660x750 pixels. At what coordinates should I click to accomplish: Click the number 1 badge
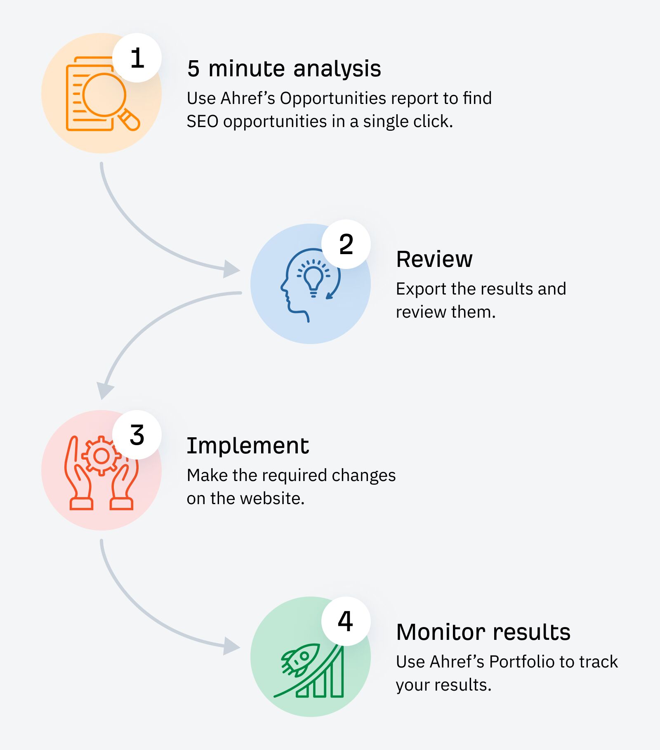[x=137, y=58]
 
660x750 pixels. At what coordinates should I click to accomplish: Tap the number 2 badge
[x=346, y=244]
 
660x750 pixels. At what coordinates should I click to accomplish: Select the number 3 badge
[x=137, y=435]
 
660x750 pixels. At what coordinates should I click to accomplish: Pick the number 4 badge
[x=346, y=621]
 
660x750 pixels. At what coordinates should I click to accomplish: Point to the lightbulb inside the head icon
[x=313, y=278]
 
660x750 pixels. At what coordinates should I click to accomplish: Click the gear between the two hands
[x=101, y=456]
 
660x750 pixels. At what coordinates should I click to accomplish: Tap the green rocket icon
[x=300, y=658]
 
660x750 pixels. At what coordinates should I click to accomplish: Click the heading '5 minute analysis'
[x=284, y=68]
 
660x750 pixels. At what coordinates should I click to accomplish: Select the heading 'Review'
[x=434, y=259]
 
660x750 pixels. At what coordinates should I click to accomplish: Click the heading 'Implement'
[x=247, y=446]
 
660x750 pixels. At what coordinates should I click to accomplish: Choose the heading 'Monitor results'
[x=483, y=632]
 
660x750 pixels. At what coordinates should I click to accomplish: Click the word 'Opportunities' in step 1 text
[x=333, y=99]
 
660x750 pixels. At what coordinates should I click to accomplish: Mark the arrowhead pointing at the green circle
[x=231, y=646]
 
